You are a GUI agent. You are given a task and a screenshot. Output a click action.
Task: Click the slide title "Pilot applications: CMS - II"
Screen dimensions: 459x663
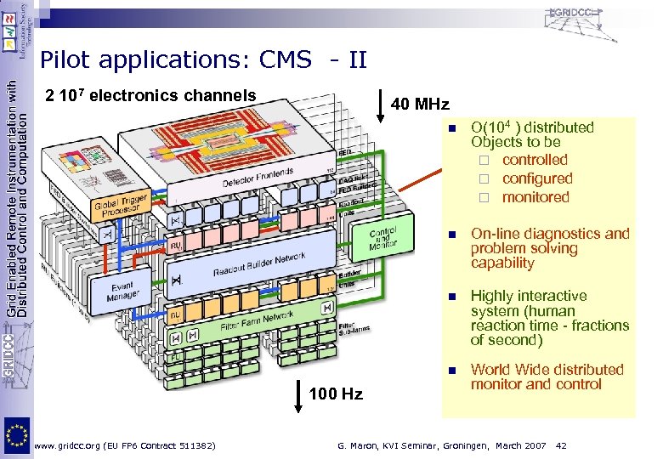click(204, 60)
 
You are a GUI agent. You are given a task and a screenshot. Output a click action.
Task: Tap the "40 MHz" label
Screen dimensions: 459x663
click(419, 105)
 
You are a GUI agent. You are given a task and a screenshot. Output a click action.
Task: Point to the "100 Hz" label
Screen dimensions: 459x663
click(335, 394)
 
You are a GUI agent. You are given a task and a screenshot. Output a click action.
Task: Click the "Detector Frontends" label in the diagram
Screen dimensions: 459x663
click(258, 181)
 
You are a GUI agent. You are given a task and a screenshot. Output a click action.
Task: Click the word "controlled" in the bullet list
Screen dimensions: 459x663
click(535, 160)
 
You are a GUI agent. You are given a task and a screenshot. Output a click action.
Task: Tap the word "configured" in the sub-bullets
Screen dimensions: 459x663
click(537, 178)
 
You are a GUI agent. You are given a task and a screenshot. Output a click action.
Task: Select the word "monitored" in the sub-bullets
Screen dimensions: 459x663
click(535, 197)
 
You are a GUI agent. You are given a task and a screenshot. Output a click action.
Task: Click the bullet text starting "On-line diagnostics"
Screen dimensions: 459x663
click(549, 248)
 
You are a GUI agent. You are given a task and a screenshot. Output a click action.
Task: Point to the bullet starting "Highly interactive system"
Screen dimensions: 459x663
click(549, 318)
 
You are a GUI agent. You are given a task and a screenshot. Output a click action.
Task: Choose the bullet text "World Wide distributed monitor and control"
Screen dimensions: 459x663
click(547, 377)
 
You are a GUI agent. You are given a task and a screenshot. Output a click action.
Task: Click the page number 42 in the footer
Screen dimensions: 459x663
click(561, 445)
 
